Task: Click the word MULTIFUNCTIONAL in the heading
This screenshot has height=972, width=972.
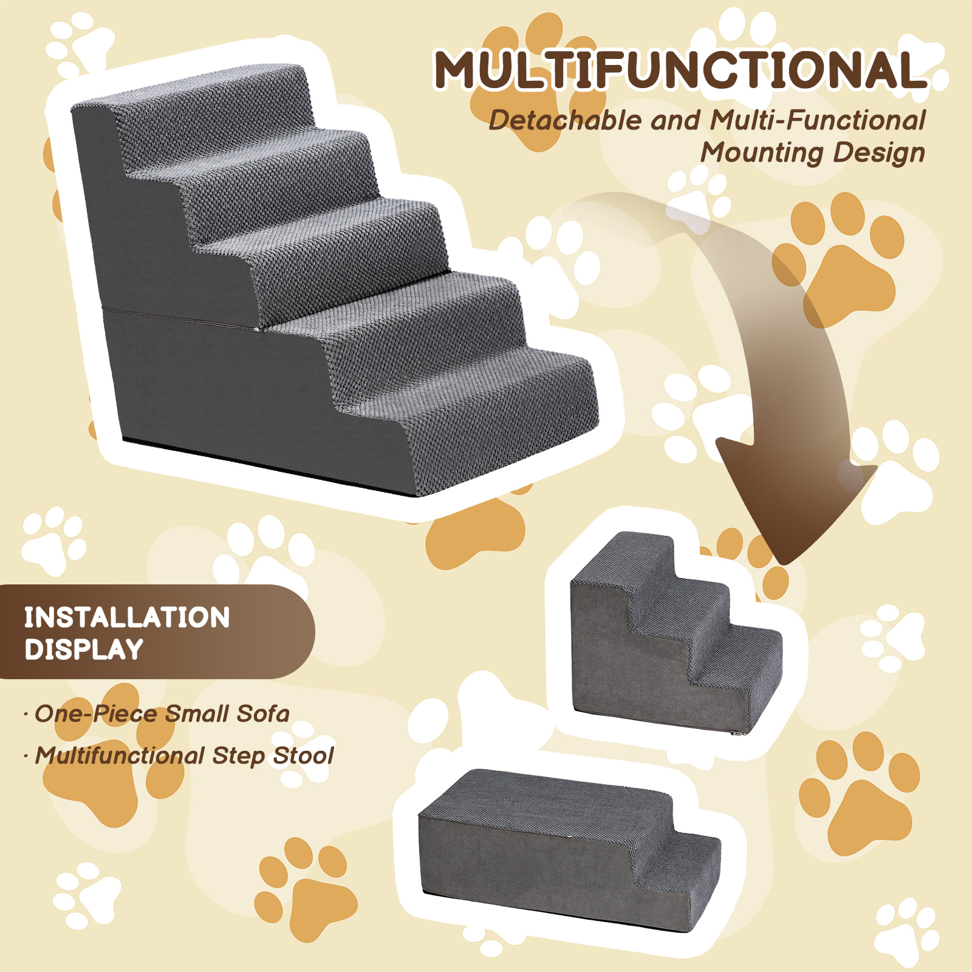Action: pyautogui.click(x=681, y=70)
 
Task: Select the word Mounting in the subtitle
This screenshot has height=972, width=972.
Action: pyautogui.click(x=761, y=153)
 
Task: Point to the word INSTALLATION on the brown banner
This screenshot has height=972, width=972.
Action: pyautogui.click(x=127, y=618)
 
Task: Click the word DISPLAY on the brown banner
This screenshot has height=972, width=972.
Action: pyautogui.click(x=84, y=649)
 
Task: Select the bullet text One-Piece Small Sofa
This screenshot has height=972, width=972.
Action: pyautogui.click(x=162, y=714)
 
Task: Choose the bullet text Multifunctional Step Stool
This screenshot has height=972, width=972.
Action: pyautogui.click(x=184, y=756)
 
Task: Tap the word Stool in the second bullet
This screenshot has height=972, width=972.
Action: pyautogui.click(x=304, y=756)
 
